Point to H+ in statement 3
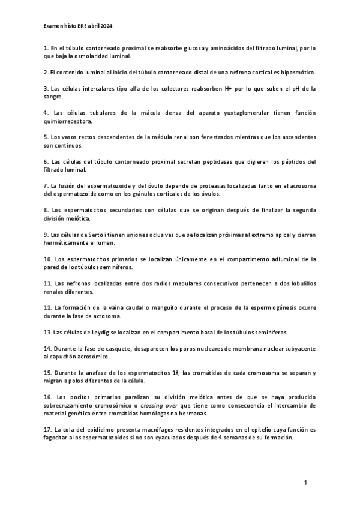(223, 89)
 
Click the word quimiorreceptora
(68, 121)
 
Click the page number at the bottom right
(305, 483)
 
